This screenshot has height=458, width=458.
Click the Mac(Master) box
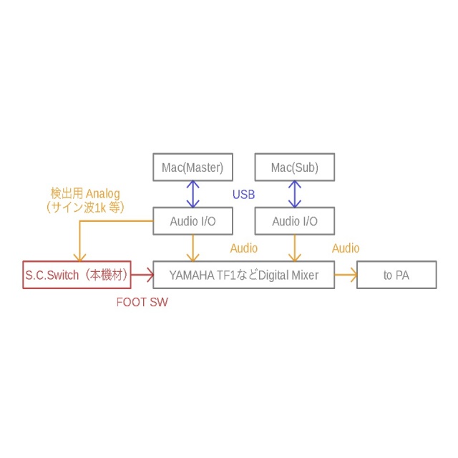point(193,167)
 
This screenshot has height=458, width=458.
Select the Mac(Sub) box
point(294,167)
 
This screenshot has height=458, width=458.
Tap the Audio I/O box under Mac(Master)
point(193,221)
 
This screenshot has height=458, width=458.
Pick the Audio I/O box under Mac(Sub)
point(294,221)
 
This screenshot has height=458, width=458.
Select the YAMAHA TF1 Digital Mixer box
point(243,274)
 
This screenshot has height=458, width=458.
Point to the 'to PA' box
point(396,274)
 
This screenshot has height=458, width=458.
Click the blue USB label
point(243,195)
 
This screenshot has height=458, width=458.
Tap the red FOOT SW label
point(142,302)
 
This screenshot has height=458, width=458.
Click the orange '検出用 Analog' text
point(84,193)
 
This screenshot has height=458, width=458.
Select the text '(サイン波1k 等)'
point(84,207)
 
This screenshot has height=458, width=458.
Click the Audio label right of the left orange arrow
point(243,248)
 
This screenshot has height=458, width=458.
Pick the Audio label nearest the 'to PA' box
point(346,248)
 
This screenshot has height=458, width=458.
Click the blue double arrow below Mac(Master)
point(193,194)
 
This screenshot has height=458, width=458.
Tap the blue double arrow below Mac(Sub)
point(294,194)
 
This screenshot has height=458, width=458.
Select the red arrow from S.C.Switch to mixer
point(143,274)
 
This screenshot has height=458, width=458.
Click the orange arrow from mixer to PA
point(346,274)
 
